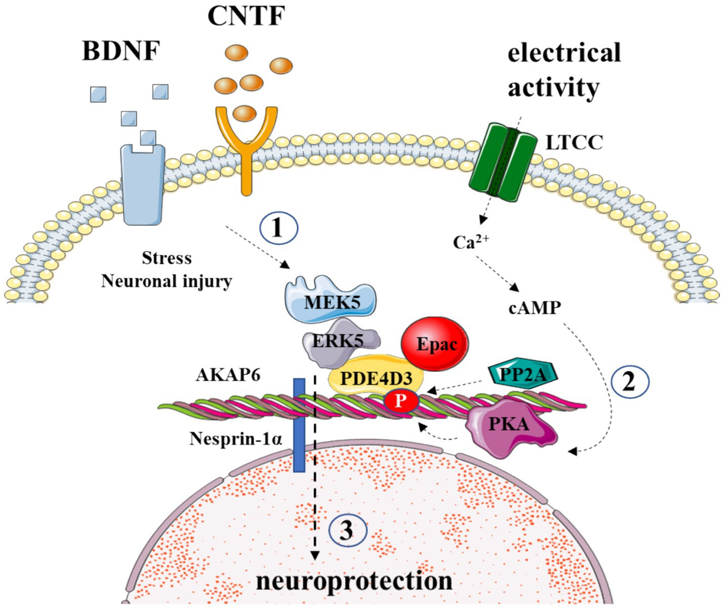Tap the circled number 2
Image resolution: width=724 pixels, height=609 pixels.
(x=628, y=382)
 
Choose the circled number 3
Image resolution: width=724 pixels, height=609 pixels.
(x=348, y=532)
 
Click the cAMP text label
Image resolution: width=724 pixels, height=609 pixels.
(x=534, y=307)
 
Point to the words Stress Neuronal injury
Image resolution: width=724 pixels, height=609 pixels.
(x=167, y=269)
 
